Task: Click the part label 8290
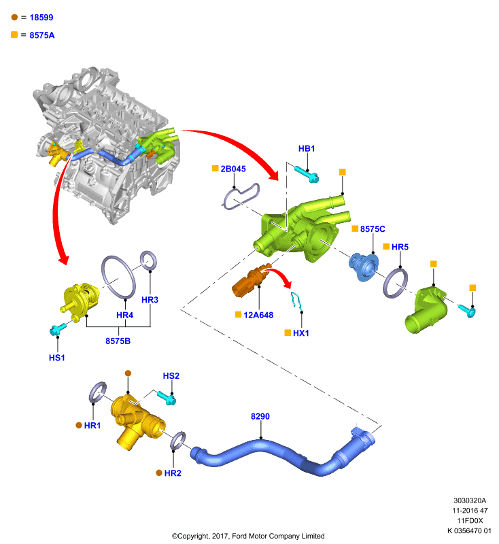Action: tap(260, 416)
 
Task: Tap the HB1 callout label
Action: tap(307, 148)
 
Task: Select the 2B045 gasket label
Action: tap(233, 169)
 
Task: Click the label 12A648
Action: tap(258, 315)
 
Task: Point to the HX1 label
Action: tap(301, 333)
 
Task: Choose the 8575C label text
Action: tap(373, 229)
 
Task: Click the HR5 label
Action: tap(400, 247)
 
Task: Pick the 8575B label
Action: tap(118, 341)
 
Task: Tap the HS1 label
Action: tap(57, 358)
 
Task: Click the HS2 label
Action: tap(171, 376)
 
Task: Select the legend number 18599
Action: tap(41, 18)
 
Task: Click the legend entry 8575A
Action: tap(42, 35)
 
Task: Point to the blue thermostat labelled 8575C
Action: tap(364, 267)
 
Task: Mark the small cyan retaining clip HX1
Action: tap(296, 301)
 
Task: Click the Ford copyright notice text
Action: tap(248, 536)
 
